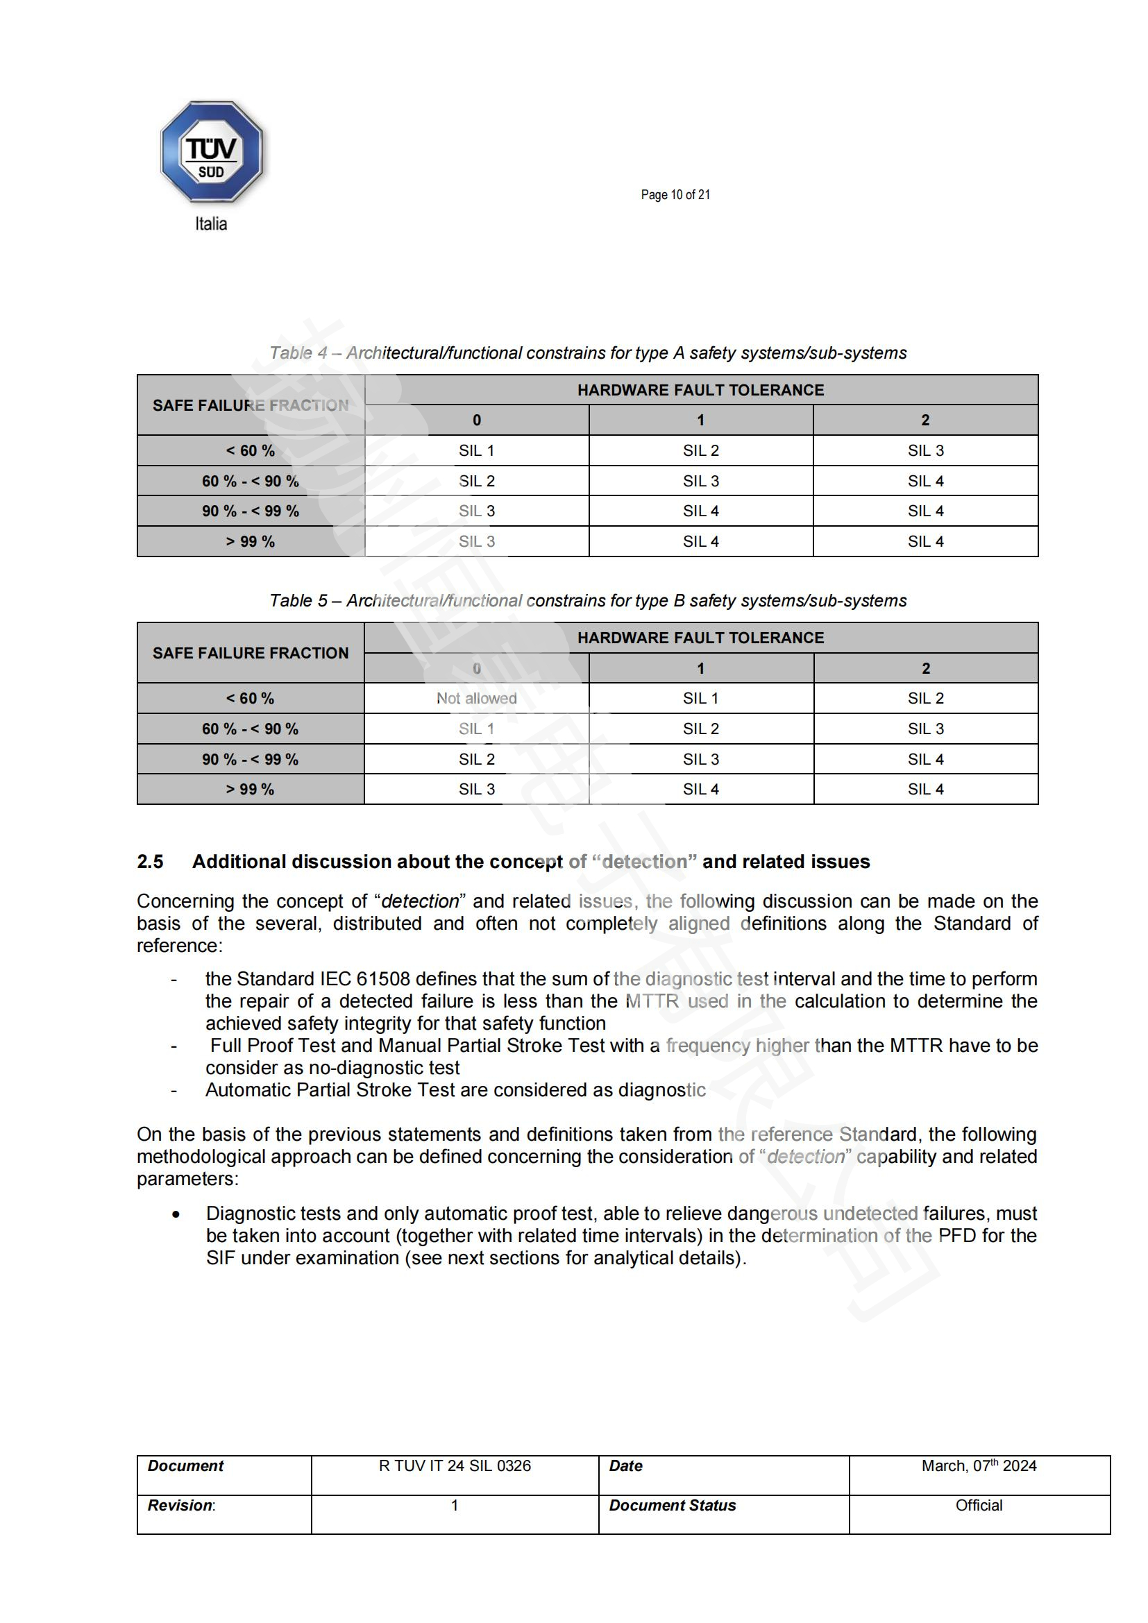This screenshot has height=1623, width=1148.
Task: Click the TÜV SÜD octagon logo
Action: (212, 152)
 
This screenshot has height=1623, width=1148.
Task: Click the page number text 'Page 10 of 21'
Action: (675, 194)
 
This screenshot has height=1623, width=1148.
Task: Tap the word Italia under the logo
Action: (211, 224)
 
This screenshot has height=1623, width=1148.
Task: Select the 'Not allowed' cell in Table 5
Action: (476, 699)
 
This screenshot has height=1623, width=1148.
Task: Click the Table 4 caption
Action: (587, 352)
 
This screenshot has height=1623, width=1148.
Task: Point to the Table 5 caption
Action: (587, 600)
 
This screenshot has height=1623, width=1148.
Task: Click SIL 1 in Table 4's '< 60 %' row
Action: (476, 450)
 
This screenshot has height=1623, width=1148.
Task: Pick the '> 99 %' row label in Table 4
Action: (251, 541)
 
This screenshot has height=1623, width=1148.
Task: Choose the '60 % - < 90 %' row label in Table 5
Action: (251, 729)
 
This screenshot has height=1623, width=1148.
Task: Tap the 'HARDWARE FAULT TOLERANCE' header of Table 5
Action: (700, 638)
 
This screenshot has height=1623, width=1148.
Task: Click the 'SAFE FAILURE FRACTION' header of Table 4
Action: (251, 405)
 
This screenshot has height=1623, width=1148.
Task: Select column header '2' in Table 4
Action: (925, 420)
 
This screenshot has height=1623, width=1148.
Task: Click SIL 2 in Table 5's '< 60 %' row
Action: (925, 699)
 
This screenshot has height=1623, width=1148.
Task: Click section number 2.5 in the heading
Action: (150, 862)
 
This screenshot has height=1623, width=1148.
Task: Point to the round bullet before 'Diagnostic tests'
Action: (176, 1214)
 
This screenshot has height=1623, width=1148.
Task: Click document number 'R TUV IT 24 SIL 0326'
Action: (455, 1466)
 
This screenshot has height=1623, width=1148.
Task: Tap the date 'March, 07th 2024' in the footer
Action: (979, 1466)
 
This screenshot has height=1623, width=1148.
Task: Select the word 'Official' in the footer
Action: (979, 1506)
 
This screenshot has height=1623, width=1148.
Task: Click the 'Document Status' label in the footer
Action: (673, 1506)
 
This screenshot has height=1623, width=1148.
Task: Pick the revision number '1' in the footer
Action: (455, 1506)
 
